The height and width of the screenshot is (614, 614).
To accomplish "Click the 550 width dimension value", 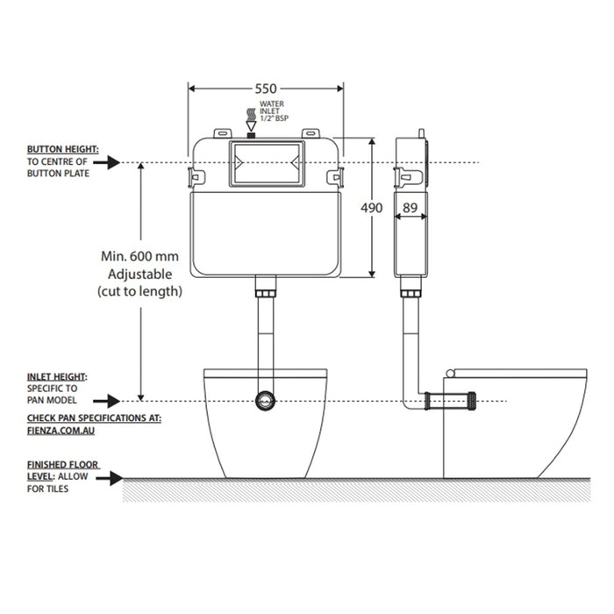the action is (266, 89).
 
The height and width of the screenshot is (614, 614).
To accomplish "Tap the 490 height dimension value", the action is (371, 208).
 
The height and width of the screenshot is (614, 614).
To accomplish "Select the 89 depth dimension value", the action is (410, 208).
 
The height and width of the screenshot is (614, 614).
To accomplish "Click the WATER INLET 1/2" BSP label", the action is (274, 111).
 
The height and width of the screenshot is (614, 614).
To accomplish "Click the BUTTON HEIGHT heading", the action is (62, 149).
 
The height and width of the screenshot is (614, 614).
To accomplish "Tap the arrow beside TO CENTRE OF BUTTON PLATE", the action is (106, 162).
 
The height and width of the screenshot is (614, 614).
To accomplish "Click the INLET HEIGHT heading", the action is (57, 376).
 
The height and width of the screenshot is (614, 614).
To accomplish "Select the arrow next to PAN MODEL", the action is (106, 401).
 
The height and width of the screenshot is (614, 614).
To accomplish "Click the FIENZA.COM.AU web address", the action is (61, 431).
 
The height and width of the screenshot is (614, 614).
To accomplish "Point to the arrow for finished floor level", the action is (110, 478).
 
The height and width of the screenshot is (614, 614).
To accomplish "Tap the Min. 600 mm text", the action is (139, 256).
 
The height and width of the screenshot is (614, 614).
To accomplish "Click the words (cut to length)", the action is (139, 291).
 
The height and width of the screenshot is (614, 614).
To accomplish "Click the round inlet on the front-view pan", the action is (266, 401).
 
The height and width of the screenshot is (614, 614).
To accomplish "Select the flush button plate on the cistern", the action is (267, 163).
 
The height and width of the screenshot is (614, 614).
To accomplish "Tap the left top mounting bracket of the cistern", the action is (223, 133).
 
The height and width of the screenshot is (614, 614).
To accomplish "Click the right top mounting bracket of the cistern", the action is (311, 133).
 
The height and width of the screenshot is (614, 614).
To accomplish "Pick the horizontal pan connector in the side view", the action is (450, 401).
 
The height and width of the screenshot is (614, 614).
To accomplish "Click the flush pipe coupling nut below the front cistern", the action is (266, 294).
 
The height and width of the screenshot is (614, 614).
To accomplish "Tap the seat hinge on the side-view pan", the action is (449, 373).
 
